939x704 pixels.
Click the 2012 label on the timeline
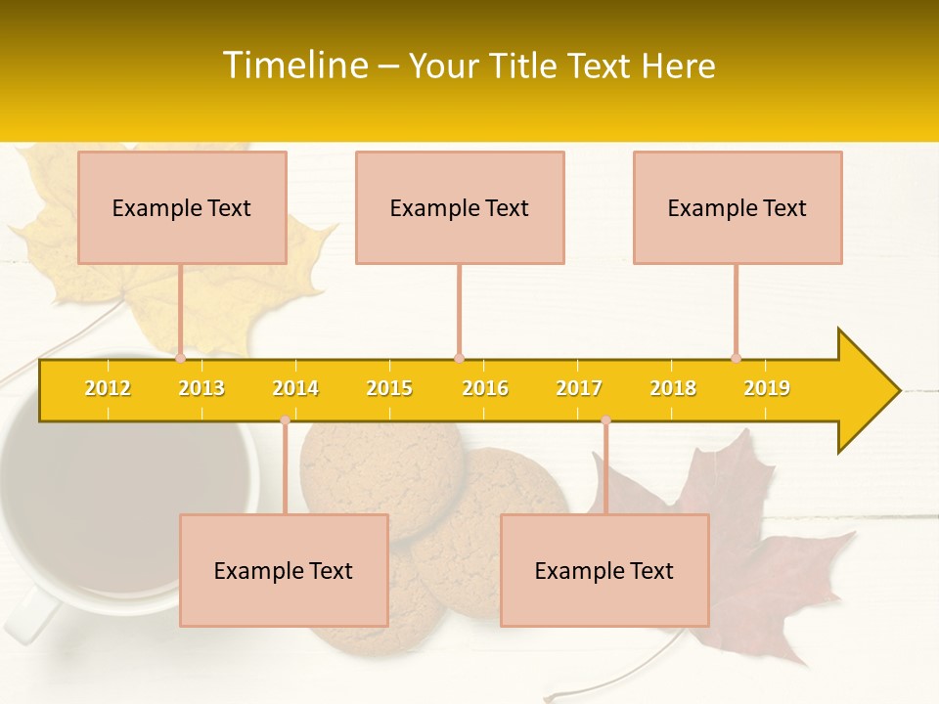click(108, 388)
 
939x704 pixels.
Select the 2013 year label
click(201, 388)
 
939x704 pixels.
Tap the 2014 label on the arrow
click(295, 388)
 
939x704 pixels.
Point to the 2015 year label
click(389, 388)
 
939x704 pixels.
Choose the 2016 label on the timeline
click(485, 388)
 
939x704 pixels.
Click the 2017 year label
click(579, 388)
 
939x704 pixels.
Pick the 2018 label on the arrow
click(673, 388)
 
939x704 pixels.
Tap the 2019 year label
click(767, 388)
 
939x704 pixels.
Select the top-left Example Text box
click(182, 207)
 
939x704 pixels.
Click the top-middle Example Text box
click(460, 207)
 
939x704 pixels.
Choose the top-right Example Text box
click(738, 207)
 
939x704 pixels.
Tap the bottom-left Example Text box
click(284, 570)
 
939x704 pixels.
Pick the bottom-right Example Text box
click(604, 570)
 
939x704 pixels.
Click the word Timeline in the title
click(294, 66)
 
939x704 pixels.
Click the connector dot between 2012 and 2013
click(180, 359)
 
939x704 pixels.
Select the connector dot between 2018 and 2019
click(736, 359)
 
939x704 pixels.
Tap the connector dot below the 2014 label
click(285, 419)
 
